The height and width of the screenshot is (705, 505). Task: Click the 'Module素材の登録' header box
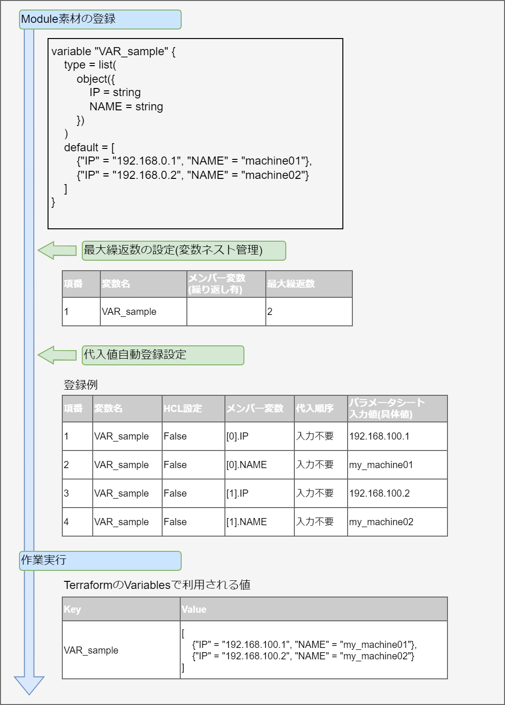[x=100, y=20]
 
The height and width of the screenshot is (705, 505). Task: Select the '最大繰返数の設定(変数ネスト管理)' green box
[x=184, y=251]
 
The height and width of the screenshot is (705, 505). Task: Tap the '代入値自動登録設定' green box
[x=163, y=355]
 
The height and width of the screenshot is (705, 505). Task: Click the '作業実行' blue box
[x=100, y=561]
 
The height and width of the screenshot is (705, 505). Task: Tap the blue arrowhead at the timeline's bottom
[x=29, y=685]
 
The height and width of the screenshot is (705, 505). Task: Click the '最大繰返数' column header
[x=309, y=284]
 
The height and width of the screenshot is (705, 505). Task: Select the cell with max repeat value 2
[x=309, y=312]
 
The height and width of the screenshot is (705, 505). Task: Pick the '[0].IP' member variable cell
[x=259, y=436]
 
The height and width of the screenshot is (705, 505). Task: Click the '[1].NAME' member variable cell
[x=259, y=522]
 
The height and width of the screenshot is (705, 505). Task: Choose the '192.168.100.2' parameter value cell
[x=397, y=493]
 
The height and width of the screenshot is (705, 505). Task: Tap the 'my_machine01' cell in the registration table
[x=397, y=465]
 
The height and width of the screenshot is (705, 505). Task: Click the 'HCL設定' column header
[x=193, y=409]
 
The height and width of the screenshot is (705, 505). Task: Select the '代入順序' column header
[x=320, y=409]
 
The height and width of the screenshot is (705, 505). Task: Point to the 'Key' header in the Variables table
[x=121, y=609]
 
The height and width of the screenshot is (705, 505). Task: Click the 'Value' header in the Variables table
[x=314, y=609]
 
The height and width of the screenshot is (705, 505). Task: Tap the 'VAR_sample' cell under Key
[x=121, y=650]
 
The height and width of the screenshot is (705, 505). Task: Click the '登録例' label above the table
[x=80, y=385]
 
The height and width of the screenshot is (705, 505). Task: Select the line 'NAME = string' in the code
[x=126, y=107]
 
